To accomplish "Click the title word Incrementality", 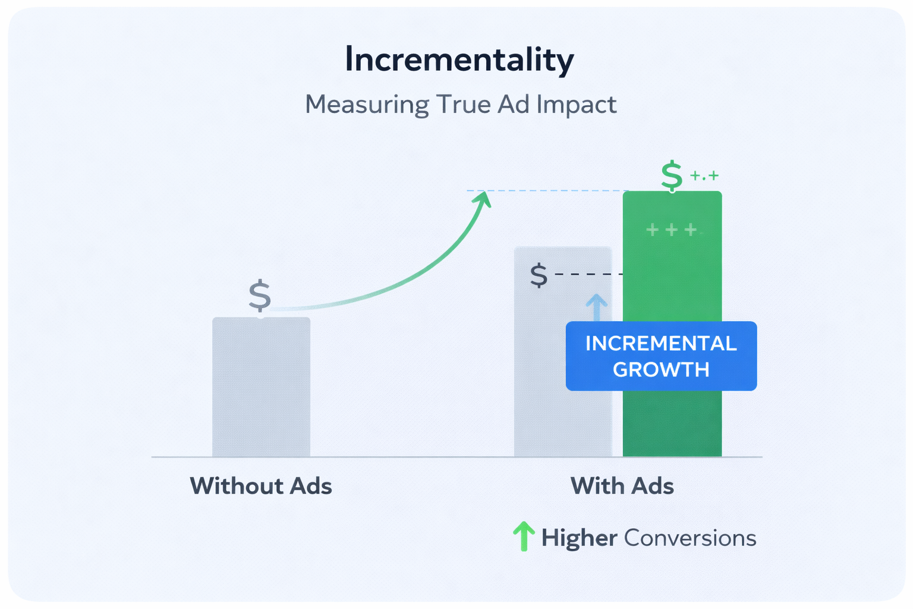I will click(x=459, y=59).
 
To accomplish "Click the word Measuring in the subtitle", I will click(x=366, y=105).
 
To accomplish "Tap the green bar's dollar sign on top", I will click(x=672, y=175).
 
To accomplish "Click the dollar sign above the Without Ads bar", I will click(x=260, y=296).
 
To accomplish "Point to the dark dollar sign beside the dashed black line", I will click(x=539, y=275).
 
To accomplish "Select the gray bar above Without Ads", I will click(x=261, y=387).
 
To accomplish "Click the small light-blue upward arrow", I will click(x=596, y=306).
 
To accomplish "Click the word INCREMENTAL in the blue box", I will click(x=661, y=344).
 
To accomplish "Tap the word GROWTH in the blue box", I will click(x=661, y=370).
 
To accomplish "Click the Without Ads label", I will click(x=261, y=486).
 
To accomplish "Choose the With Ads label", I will click(x=622, y=486).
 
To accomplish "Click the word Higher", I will click(x=579, y=538).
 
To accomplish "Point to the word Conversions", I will click(x=690, y=538).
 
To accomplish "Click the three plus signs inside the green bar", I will click(x=672, y=230).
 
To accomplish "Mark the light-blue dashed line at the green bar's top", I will click(x=547, y=191).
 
